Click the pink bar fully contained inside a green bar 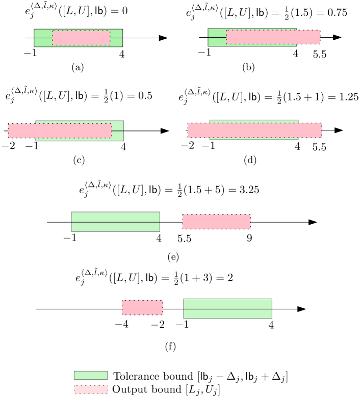tap(81, 38)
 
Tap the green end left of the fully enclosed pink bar tap(43, 38)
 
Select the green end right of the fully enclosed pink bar tap(116, 38)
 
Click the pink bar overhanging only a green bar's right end tap(273, 37)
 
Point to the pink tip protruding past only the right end tap(308, 37)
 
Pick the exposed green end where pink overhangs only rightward tap(217, 37)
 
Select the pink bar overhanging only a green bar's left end tap(60, 130)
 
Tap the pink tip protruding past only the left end tap(22, 130)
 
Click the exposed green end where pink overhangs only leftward tap(117, 130)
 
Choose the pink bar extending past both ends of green tap(254, 130)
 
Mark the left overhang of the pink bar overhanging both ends tap(199, 130)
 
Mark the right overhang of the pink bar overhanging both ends tap(310, 130)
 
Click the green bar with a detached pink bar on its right tap(115, 222)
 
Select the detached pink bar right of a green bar tap(217, 222)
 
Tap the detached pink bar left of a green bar tap(142, 307)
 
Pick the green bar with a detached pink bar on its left tap(227, 308)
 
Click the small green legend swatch tap(91, 375)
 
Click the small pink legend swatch tap(91, 389)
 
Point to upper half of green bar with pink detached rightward tap(115, 217)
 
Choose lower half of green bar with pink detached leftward tap(227, 313)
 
